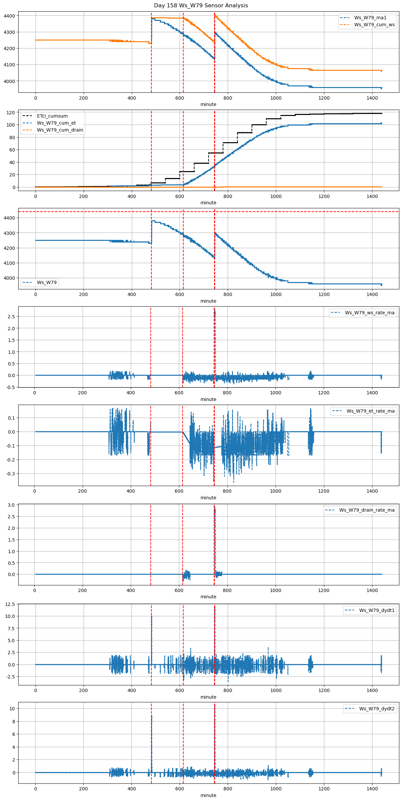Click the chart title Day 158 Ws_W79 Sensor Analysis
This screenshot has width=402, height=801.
(201, 6)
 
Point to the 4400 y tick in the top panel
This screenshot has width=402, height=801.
(9, 16)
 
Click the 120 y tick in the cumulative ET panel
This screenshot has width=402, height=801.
(11, 113)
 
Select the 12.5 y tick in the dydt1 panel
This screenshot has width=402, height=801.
(10, 604)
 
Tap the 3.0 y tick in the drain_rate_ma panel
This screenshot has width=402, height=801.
(11, 505)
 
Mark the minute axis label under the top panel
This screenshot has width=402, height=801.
(208, 104)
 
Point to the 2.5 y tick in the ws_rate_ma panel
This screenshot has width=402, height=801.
(11, 317)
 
